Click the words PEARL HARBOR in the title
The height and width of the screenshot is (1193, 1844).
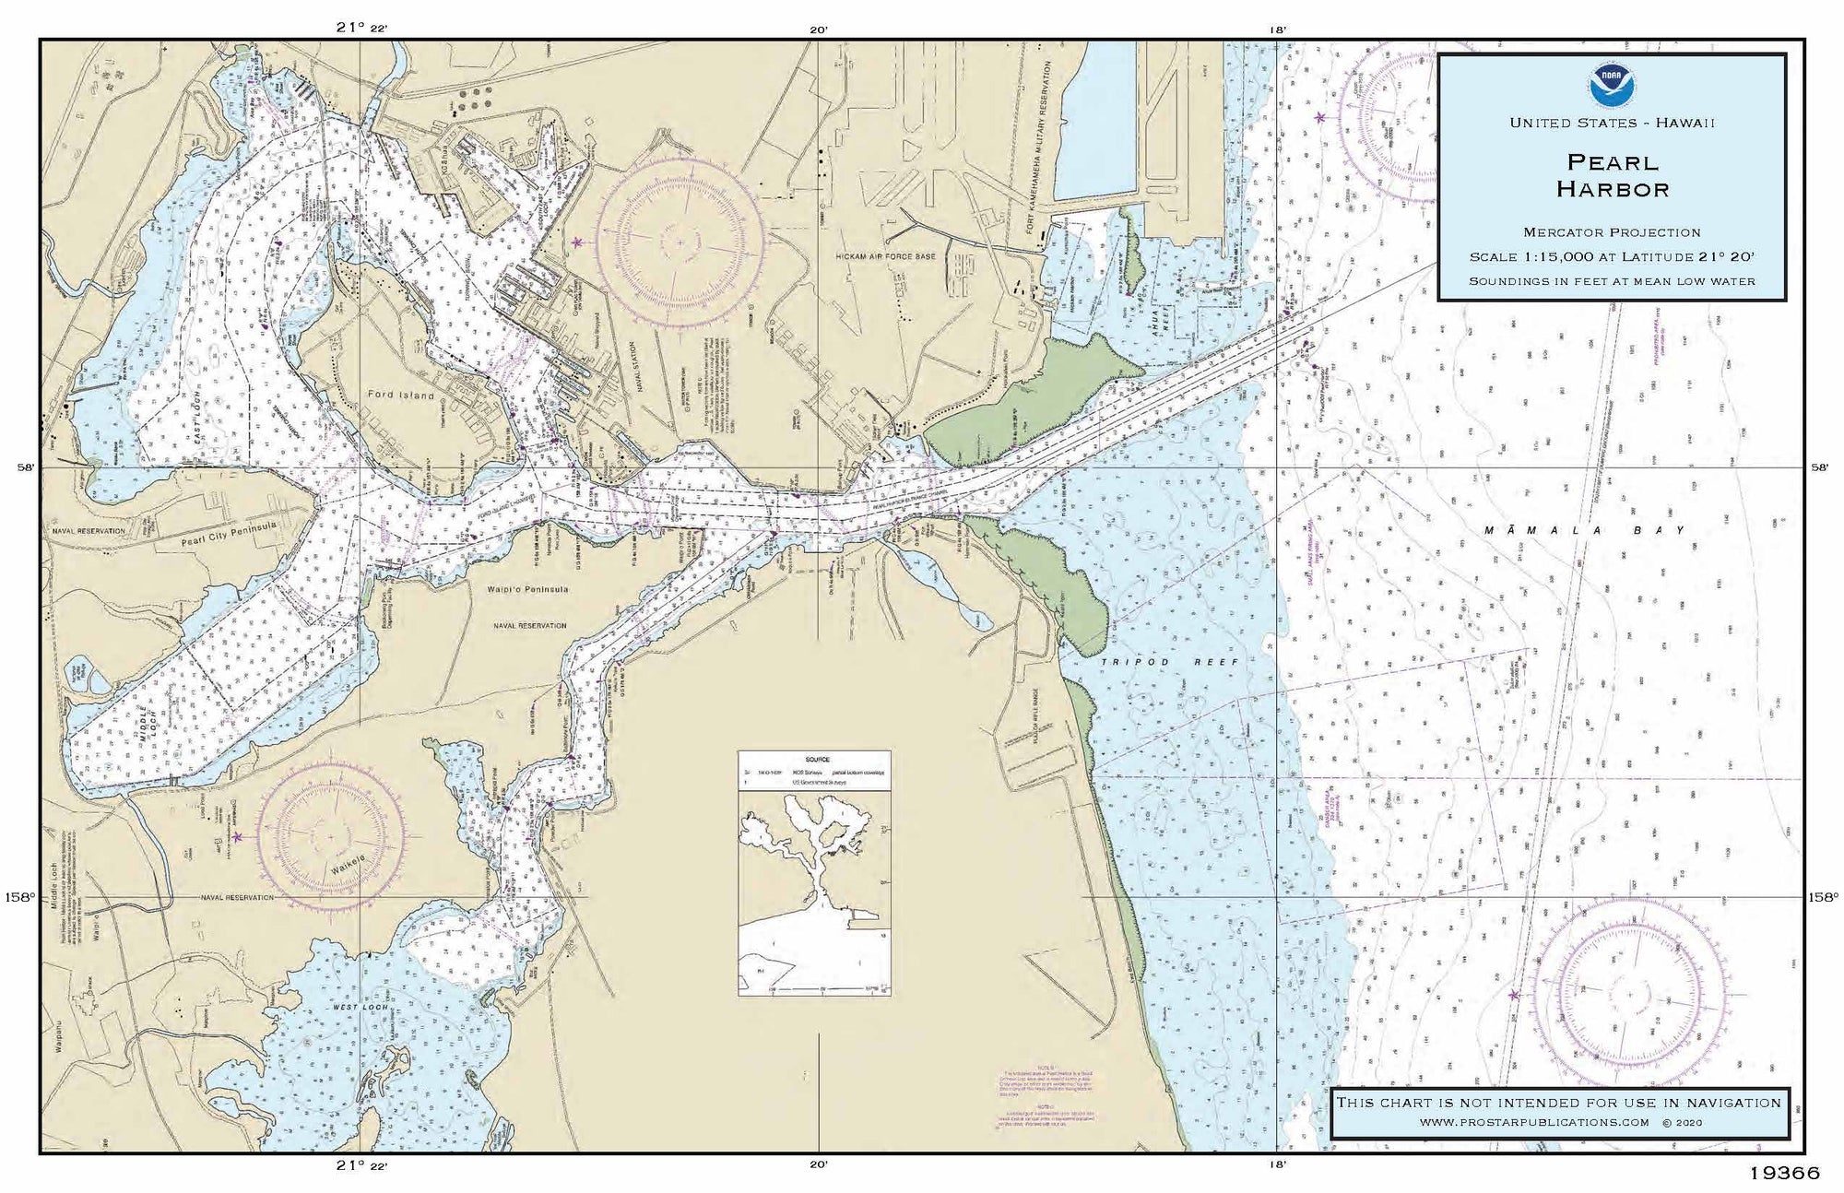point(1613,176)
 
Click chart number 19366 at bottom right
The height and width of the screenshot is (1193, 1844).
point(1784,1174)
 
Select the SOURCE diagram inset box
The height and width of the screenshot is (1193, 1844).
point(814,872)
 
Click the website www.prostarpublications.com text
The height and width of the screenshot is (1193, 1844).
point(1533,1122)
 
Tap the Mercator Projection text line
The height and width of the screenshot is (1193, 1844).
point(1612,232)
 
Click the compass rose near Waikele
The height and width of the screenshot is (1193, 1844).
point(331,836)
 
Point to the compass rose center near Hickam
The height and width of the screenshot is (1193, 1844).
point(681,242)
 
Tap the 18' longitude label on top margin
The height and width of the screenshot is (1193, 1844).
point(1277,29)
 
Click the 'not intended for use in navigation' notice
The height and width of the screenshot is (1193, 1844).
point(1559,1102)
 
